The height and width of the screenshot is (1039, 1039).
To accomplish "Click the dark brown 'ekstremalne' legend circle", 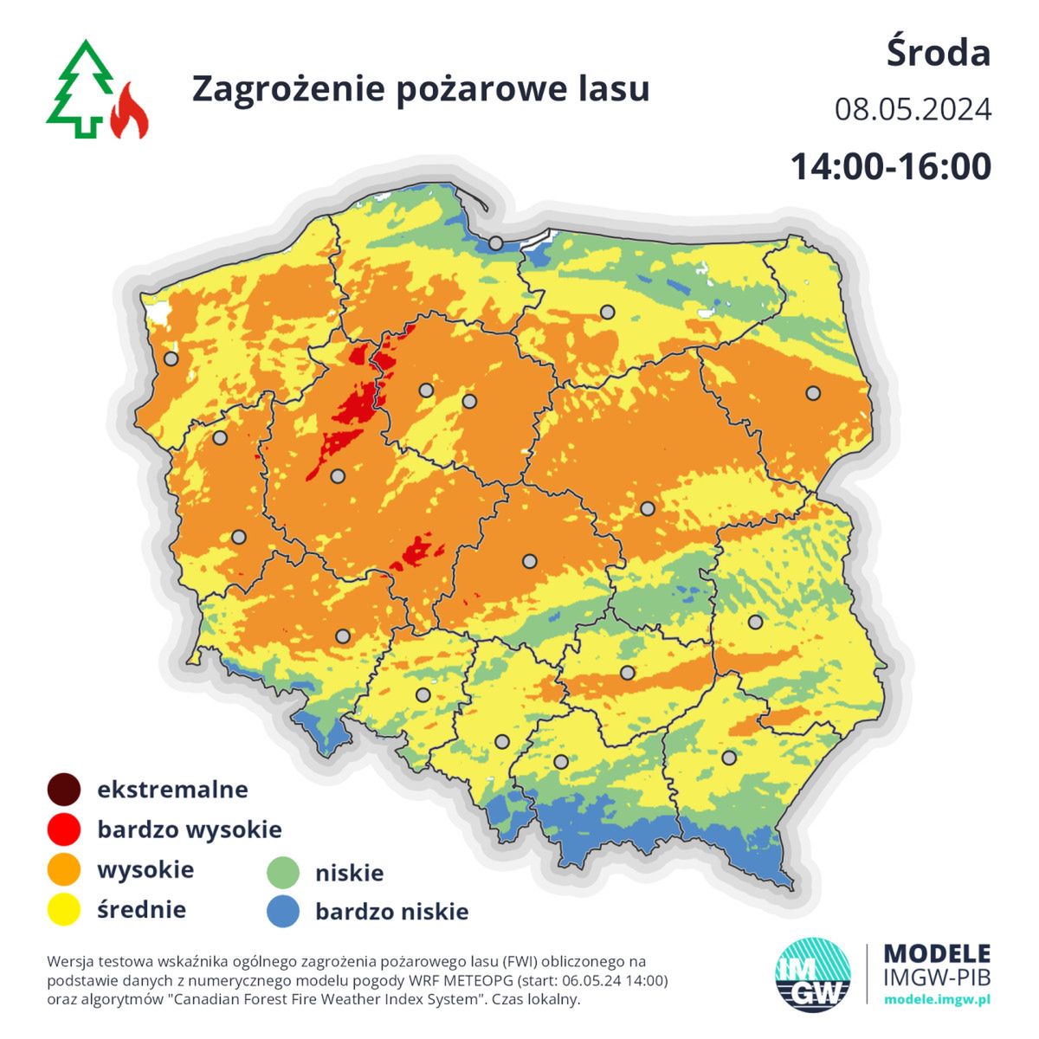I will [x=64, y=790].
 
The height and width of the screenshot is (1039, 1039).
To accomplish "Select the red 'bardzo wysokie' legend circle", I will [x=64, y=829].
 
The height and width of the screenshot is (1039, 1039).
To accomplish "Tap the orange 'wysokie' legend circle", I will [x=64, y=869].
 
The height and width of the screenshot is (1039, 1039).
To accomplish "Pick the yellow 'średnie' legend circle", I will [x=64, y=910].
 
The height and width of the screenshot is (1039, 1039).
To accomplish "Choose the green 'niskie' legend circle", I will [x=282, y=872].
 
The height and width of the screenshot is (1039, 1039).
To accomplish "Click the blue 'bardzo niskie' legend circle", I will [x=282, y=912].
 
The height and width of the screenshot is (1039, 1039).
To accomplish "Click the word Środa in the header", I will [x=938, y=53].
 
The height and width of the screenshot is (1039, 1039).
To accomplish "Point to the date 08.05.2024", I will [x=913, y=110].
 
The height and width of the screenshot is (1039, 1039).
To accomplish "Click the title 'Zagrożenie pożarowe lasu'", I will [x=420, y=88].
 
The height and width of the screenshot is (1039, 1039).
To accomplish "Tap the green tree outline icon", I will [x=81, y=89].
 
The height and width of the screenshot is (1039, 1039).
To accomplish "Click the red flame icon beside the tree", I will [x=130, y=112].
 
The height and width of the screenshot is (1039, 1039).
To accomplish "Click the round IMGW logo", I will [x=813, y=974].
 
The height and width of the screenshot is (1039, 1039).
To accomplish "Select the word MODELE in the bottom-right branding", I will [x=937, y=954].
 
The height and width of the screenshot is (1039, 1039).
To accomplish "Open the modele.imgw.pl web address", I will [x=937, y=999].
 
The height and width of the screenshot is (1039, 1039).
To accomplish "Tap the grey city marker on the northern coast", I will [x=495, y=243].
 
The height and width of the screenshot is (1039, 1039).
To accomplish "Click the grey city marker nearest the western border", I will [x=171, y=358].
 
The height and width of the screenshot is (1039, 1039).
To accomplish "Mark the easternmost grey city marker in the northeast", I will [x=812, y=393].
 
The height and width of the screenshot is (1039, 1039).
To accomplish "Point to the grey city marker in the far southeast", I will [x=729, y=758].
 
